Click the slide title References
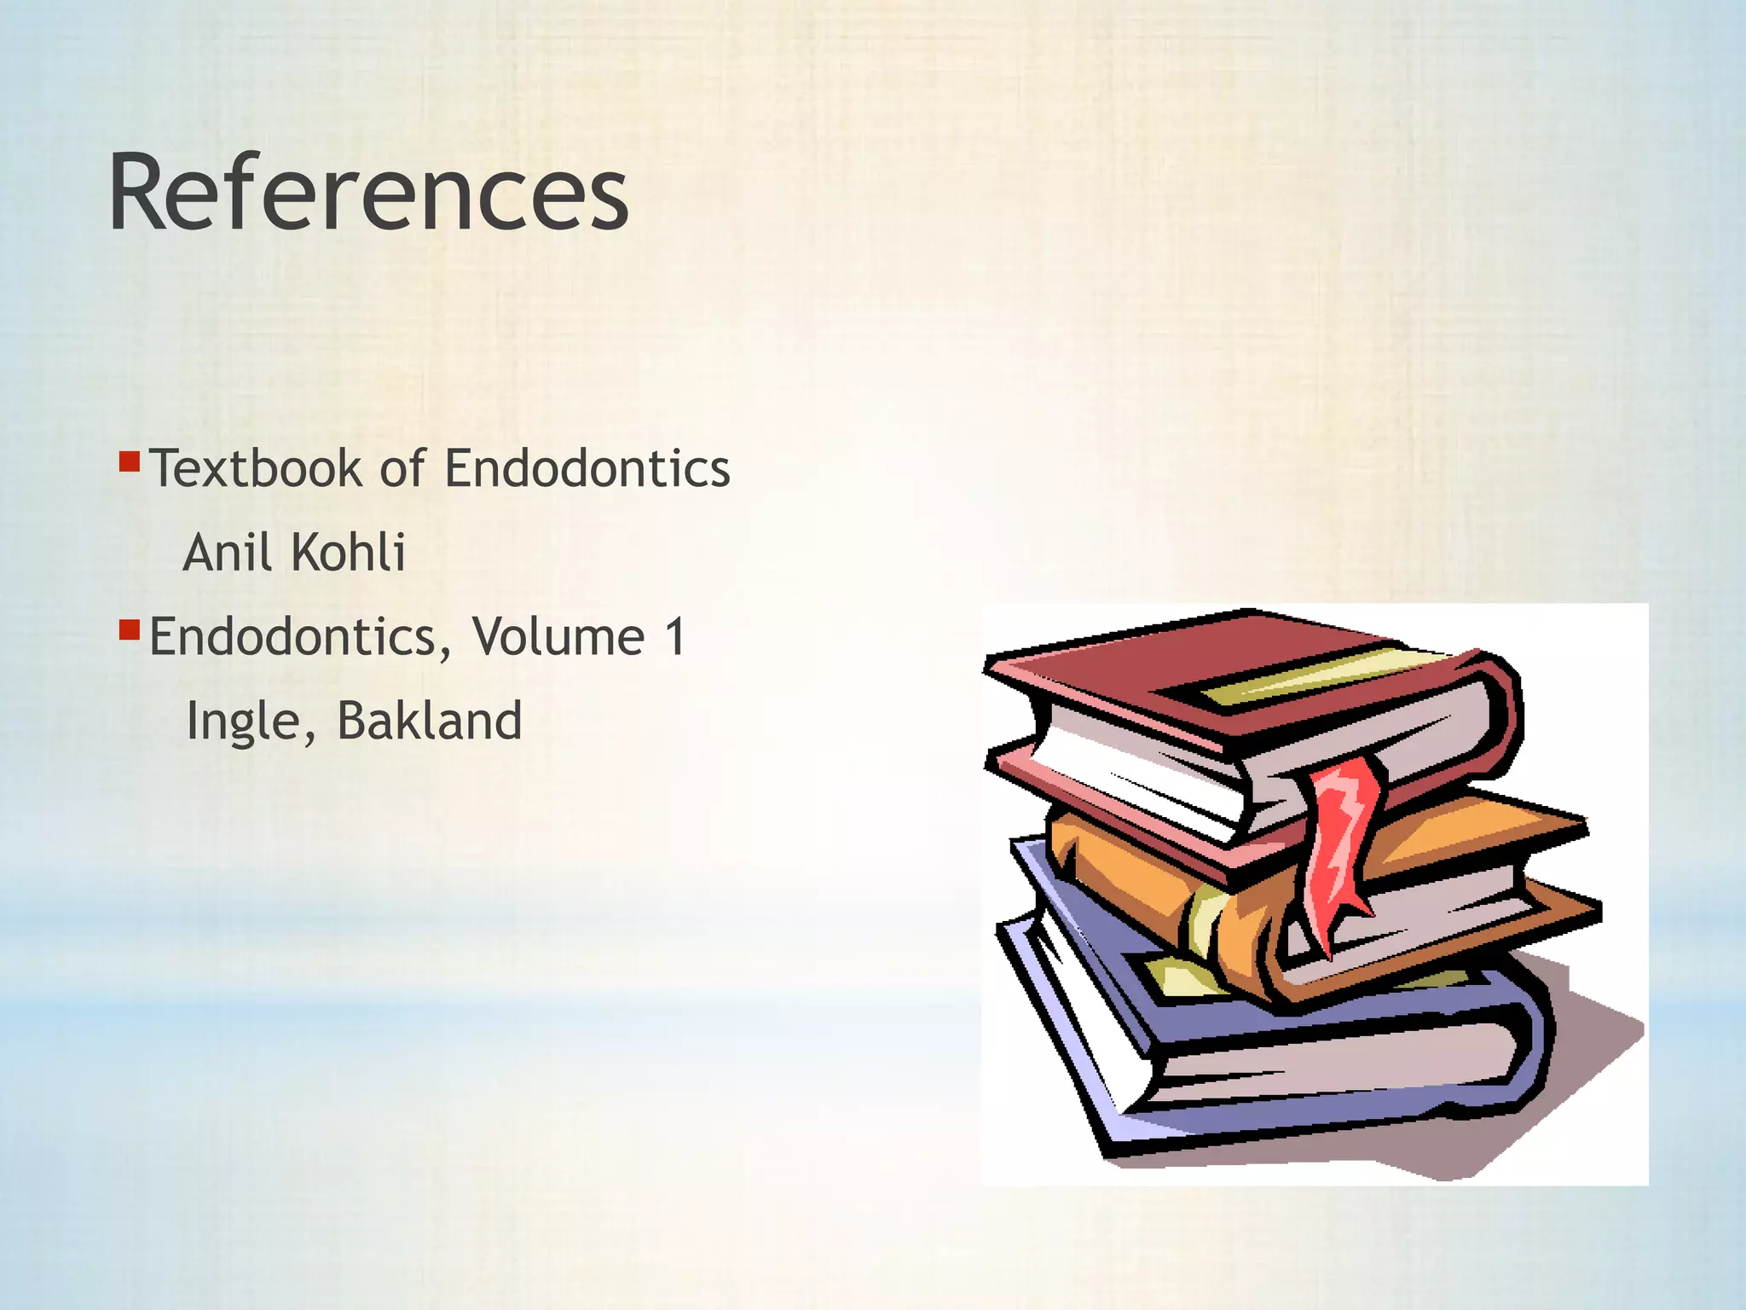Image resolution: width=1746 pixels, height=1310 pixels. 368,193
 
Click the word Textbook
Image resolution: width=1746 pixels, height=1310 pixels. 256,468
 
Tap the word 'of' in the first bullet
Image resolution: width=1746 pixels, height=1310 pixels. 402,468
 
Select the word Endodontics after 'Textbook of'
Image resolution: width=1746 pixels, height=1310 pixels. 587,468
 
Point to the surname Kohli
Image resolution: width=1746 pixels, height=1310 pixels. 348,553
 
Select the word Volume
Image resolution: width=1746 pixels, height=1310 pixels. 558,637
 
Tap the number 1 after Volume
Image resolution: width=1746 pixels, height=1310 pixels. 675,637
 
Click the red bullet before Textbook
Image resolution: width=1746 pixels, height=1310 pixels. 129,462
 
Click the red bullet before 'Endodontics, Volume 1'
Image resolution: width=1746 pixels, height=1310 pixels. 129,631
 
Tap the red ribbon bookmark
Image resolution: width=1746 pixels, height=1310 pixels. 1343,844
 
